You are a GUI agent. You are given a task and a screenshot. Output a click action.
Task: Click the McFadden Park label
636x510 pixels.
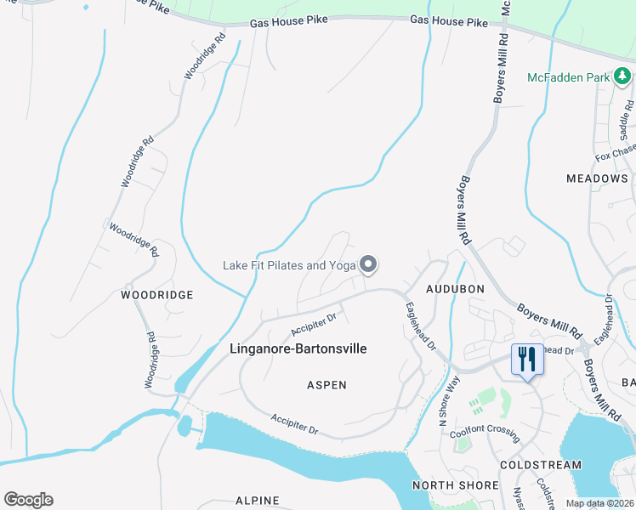568,77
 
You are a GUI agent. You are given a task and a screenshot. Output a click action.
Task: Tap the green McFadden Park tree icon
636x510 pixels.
622,77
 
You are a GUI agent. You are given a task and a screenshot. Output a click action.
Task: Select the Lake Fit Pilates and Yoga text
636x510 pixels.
288,265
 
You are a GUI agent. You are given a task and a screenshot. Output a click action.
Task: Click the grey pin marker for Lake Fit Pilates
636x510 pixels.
368,266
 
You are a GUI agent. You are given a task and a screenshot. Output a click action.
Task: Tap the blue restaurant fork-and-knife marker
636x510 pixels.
527,360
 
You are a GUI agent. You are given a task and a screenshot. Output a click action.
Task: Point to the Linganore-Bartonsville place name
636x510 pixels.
298,348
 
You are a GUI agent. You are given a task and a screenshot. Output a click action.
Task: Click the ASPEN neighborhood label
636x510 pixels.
327,385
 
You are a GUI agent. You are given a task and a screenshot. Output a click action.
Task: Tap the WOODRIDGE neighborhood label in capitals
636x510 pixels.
156,295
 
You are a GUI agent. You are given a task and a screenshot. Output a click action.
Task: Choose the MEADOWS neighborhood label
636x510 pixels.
597,178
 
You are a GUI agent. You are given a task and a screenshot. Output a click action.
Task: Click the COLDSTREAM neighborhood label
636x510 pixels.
541,465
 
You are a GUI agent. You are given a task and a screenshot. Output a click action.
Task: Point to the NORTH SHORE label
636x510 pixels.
455,485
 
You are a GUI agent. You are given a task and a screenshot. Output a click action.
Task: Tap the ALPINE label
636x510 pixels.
258,501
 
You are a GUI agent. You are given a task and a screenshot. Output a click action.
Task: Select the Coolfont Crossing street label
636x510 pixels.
486,431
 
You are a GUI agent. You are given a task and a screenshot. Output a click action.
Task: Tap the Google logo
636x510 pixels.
28,500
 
